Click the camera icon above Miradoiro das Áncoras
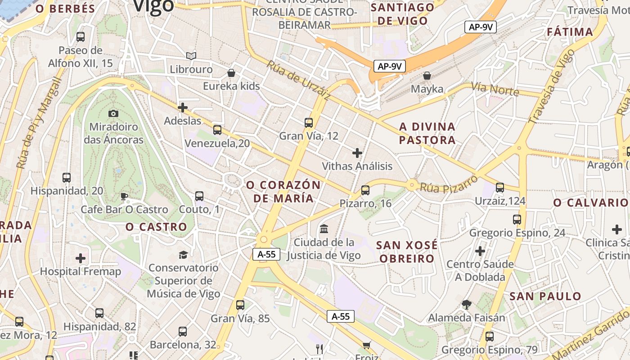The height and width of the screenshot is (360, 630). pyautogui.click(x=113, y=113)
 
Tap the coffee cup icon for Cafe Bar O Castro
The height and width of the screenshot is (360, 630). pyautogui.click(x=124, y=196)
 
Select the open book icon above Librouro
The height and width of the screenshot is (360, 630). pyautogui.click(x=191, y=56)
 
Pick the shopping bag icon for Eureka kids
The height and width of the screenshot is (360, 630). pyautogui.click(x=231, y=73)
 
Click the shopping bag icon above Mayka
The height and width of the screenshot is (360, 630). pyautogui.click(x=427, y=76)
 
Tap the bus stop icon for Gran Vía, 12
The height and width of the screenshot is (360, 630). pyautogui.click(x=309, y=122)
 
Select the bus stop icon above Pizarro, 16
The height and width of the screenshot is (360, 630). pyautogui.click(x=365, y=190)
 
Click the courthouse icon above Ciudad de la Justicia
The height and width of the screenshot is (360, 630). pyautogui.click(x=324, y=229)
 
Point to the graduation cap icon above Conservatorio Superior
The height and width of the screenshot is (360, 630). pyautogui.click(x=183, y=255)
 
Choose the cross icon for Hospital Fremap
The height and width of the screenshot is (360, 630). pyautogui.click(x=81, y=258)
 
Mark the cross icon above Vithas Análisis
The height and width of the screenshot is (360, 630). pyautogui.click(x=357, y=153)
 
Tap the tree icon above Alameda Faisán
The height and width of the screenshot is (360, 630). pyautogui.click(x=467, y=305)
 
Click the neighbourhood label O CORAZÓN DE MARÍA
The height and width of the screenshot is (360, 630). pyautogui.click(x=283, y=192)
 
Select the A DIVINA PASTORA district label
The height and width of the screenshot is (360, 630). pyautogui.click(x=427, y=133)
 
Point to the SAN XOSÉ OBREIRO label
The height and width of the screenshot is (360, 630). pyautogui.click(x=407, y=252)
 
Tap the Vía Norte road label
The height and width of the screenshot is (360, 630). pyautogui.click(x=495, y=89)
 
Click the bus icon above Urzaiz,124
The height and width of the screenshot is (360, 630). pyautogui.click(x=500, y=188)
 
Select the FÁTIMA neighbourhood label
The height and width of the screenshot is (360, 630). pyautogui.click(x=570, y=32)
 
